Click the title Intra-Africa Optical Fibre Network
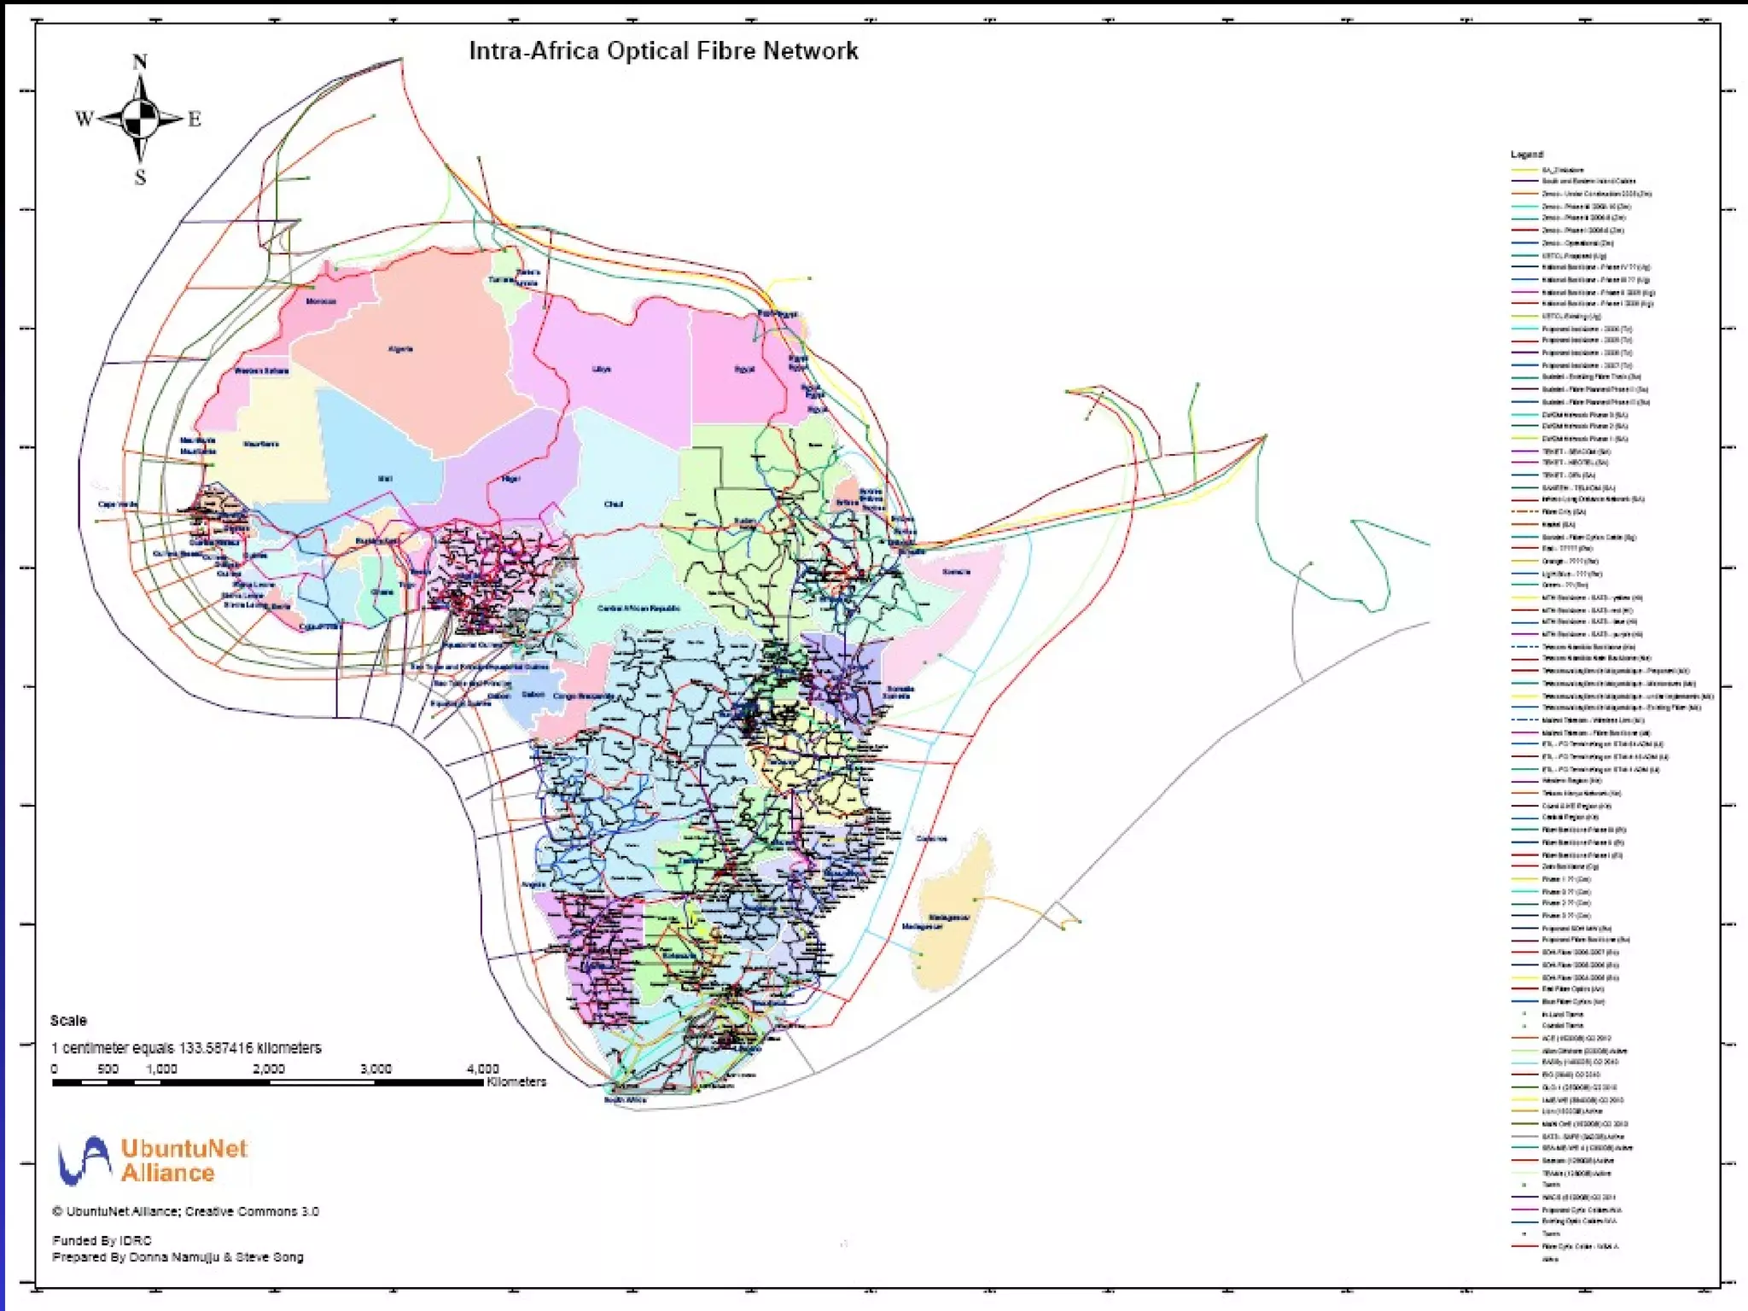663,51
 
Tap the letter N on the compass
140,62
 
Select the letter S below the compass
140,178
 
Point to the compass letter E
195,119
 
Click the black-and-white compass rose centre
140,119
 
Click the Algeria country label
400,349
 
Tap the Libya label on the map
602,370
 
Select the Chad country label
613,504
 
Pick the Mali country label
385,479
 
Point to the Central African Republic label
638,609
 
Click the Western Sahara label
261,371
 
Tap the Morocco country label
321,301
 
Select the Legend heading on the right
1526,154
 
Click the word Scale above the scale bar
68,1021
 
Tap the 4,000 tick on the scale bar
482,1069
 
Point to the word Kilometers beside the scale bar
516,1082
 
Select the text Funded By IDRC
102,1240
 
